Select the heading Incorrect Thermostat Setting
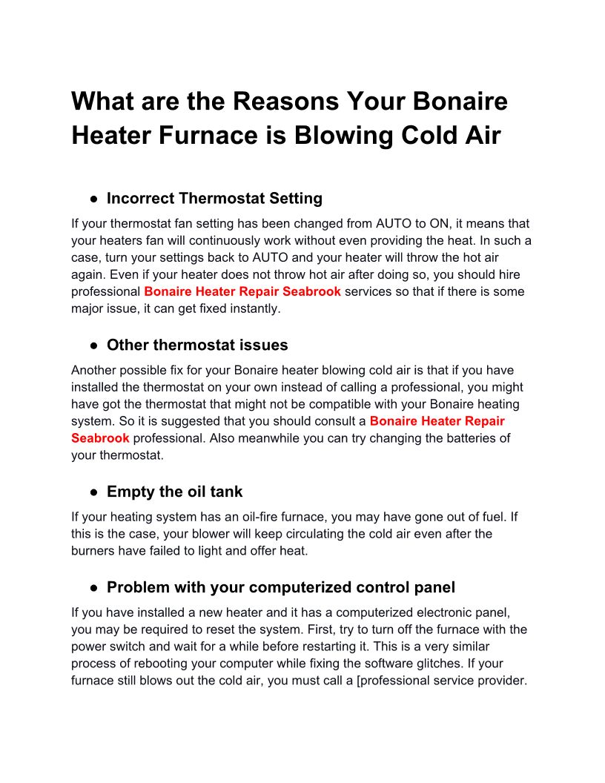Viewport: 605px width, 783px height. pyautogui.click(x=214, y=198)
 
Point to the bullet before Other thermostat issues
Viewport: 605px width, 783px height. pyautogui.click(x=94, y=346)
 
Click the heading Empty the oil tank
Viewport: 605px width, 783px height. pyautogui.click(x=174, y=492)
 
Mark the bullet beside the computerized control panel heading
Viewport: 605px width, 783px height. pyautogui.click(x=94, y=588)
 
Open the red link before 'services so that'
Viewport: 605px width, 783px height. pyautogui.click(x=242, y=291)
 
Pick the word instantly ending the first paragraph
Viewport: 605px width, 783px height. pyautogui.click(x=256, y=308)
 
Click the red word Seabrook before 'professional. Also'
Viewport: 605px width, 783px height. pyautogui.click(x=100, y=438)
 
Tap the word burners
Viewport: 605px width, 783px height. pyautogui.click(x=94, y=550)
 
